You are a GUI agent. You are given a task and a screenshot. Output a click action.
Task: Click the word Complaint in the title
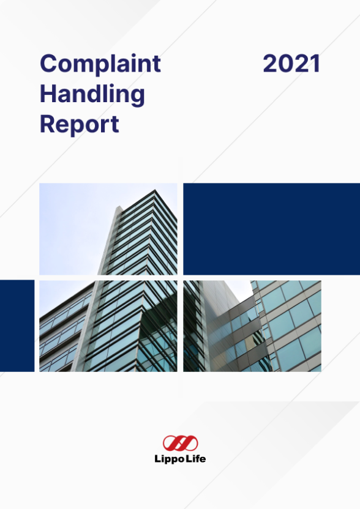tap(100, 64)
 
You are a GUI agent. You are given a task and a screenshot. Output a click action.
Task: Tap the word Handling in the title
tap(92, 94)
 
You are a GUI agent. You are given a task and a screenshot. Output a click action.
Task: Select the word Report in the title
tap(79, 125)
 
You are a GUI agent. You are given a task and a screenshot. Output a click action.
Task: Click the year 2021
tap(291, 64)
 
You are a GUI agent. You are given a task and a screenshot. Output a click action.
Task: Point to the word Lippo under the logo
tap(169, 459)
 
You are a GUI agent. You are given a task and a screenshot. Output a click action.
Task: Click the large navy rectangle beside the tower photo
tap(271, 229)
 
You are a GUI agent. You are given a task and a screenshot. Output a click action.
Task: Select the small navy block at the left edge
tap(17, 325)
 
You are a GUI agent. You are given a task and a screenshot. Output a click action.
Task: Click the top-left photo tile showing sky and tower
tap(108, 229)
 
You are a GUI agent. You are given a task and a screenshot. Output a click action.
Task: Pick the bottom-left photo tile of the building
tap(108, 325)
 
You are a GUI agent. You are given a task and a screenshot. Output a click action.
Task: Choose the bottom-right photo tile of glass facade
tap(252, 325)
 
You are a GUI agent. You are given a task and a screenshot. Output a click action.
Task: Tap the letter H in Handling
tap(48, 94)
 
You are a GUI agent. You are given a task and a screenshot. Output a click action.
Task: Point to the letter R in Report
tap(48, 125)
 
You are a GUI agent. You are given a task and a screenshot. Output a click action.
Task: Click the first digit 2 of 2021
tap(270, 64)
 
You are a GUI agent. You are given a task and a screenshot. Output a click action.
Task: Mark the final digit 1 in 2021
tap(315, 64)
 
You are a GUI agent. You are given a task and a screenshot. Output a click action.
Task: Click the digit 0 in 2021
tap(285, 64)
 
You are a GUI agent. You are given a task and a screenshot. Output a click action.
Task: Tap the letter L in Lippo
tap(157, 459)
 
